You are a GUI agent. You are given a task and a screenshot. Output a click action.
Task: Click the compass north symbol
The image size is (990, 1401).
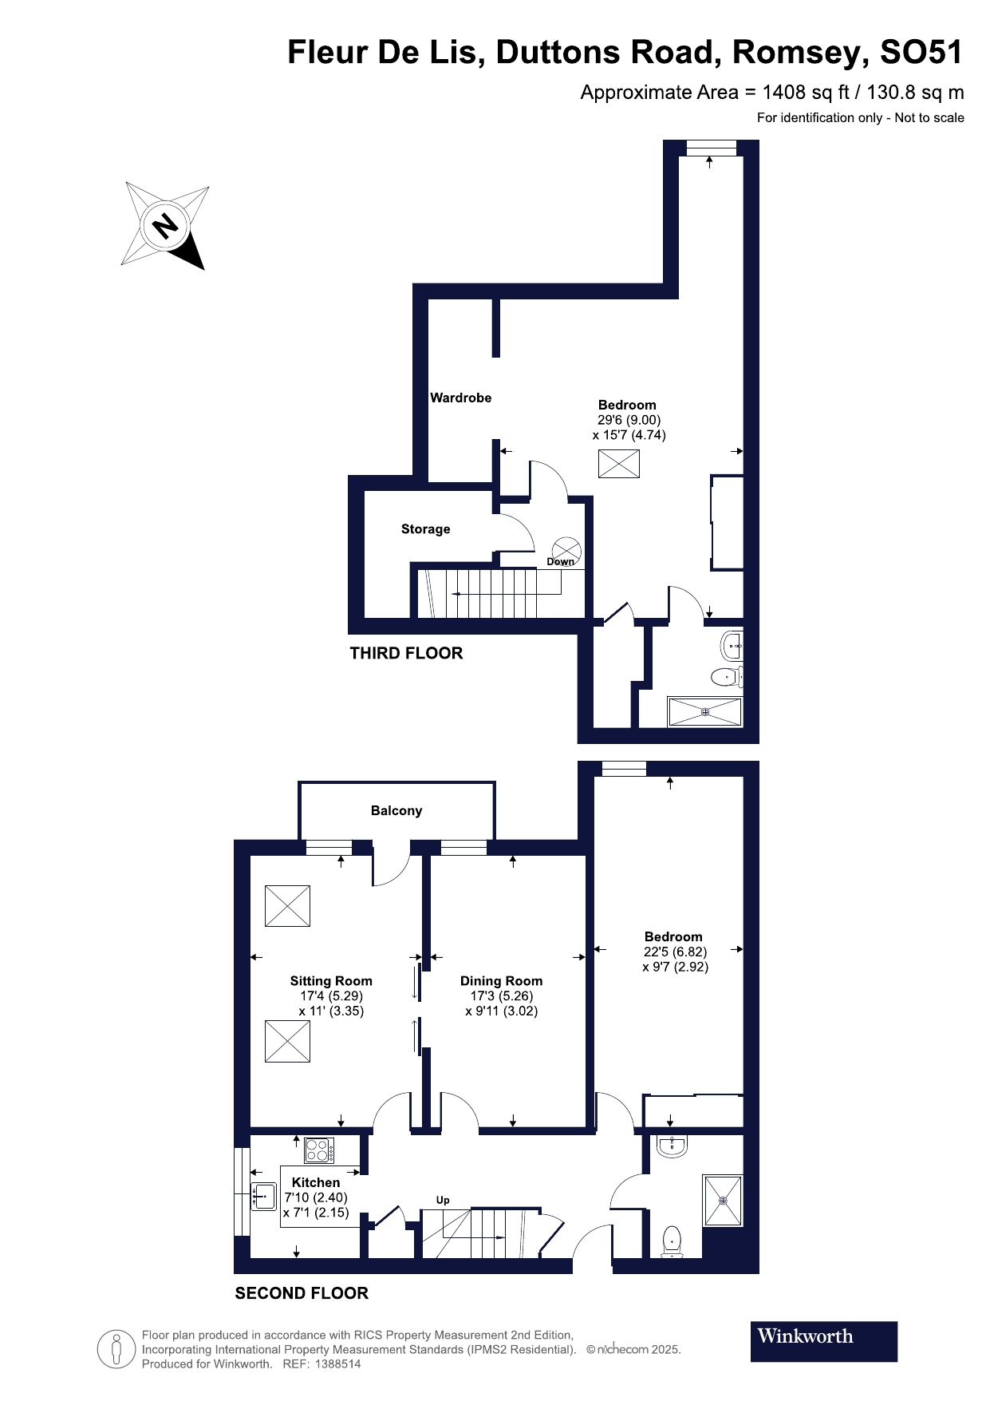[165, 226]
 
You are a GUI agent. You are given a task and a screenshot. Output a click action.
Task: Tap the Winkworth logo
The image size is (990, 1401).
[823, 1341]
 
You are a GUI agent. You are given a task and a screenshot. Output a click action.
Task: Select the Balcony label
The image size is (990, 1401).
[396, 810]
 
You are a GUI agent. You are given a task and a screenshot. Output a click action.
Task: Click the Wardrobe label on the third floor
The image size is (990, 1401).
[461, 398]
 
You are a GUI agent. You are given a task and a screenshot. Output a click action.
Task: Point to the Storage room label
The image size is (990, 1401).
[425, 529]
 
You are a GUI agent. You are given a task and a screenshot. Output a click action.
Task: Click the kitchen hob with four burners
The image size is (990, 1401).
[319, 1150]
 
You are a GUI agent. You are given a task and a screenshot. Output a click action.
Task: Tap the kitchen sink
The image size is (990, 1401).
[262, 1196]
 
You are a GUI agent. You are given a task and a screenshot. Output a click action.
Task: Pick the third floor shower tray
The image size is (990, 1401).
[704, 712]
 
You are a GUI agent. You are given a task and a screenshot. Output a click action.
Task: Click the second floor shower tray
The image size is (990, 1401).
[723, 1200]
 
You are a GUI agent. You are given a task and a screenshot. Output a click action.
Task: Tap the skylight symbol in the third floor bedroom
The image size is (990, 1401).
[619, 464]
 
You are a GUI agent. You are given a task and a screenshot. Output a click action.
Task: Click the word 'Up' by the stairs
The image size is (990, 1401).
[443, 1200]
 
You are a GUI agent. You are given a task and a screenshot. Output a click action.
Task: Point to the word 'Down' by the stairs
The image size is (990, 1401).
[560, 562]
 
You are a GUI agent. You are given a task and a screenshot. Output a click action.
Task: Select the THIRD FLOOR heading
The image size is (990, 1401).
[406, 653]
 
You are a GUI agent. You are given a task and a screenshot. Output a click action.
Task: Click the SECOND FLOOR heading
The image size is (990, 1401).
[302, 1293]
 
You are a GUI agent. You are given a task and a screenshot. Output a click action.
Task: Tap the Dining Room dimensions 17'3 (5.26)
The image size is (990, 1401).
[501, 996]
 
